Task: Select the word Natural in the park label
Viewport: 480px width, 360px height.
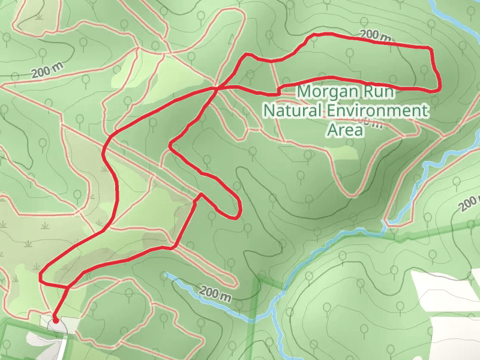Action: click(x=292, y=111)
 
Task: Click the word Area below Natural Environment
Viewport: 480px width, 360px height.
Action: click(x=345, y=130)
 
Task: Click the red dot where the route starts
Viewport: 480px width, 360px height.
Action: click(x=55, y=320)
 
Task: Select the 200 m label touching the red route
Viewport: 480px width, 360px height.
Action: click(x=376, y=37)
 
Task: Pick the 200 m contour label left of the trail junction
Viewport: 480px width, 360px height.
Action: click(x=48, y=71)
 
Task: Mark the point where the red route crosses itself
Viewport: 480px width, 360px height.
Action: click(x=216, y=89)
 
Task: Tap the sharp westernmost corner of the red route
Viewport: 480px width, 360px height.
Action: click(x=40, y=277)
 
